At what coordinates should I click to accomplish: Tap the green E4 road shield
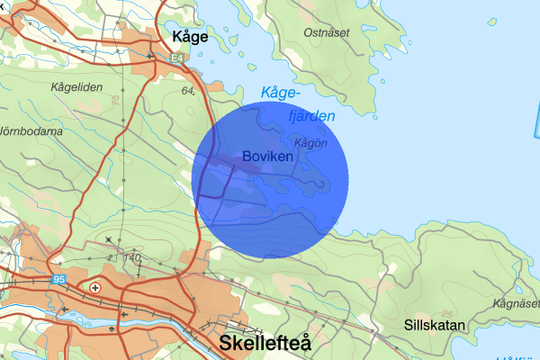pos(178,57)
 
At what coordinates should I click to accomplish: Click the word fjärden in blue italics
pos(310,116)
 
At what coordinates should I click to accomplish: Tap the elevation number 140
pos(134,258)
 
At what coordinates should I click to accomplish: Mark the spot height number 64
pos(188,91)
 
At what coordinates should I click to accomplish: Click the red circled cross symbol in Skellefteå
pos(95,287)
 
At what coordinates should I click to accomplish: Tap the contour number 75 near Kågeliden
pos(116,102)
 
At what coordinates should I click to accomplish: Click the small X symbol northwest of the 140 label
pos(109,239)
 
